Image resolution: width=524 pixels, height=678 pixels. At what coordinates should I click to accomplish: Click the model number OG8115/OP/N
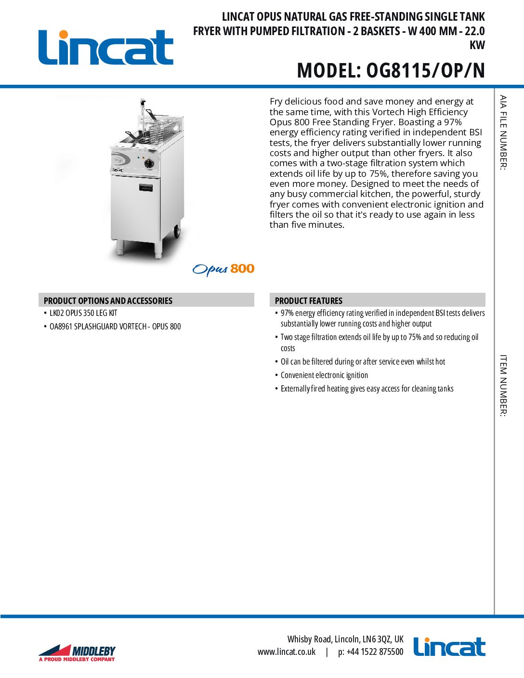click(391, 71)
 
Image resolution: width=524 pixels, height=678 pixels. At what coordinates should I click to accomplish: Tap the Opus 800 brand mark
click(223, 269)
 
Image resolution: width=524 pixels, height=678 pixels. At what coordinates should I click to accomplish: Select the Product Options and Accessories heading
click(108, 300)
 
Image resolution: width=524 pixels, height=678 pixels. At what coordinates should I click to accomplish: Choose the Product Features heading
click(308, 300)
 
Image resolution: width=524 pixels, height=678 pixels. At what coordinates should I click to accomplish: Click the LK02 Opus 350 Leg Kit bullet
click(83, 313)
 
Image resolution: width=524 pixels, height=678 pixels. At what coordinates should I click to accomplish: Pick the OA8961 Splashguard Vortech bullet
click(115, 326)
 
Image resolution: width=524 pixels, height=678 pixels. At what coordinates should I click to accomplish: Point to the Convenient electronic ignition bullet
click(324, 375)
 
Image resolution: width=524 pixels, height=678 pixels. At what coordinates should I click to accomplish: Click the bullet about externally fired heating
click(367, 389)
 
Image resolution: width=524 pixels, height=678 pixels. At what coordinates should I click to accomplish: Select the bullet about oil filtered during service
click(363, 362)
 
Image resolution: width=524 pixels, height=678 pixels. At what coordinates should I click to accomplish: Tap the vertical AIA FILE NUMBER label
click(503, 132)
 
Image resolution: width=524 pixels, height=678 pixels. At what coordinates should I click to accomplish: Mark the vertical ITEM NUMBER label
click(503, 385)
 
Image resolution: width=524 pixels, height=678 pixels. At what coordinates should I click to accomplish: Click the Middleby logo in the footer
click(77, 652)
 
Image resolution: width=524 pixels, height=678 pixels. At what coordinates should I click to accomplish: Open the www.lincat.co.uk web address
click(287, 652)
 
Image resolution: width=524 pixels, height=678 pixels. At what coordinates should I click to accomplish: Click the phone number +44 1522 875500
click(371, 652)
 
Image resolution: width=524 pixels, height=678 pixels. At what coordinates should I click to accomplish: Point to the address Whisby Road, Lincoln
click(345, 639)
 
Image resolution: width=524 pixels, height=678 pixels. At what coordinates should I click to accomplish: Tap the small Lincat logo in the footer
click(449, 647)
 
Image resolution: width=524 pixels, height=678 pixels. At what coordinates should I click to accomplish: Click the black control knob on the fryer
click(149, 163)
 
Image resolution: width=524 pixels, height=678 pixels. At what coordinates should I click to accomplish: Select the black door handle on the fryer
click(146, 187)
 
